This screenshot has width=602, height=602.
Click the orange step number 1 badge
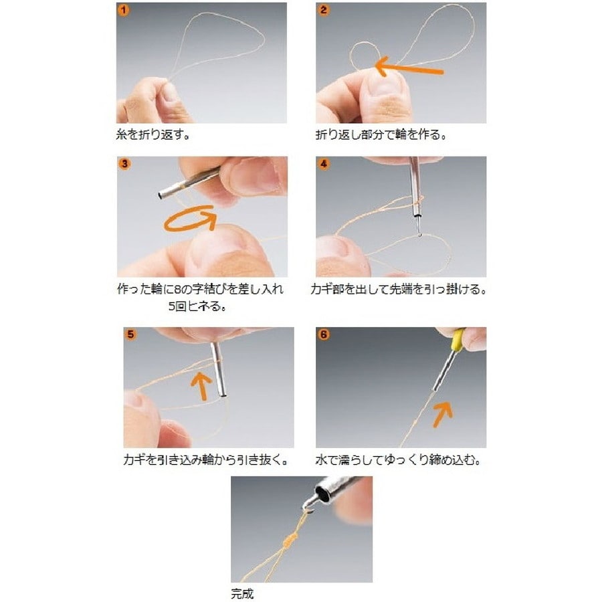tap(123, 10)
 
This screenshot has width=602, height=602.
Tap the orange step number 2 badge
tap(324, 10)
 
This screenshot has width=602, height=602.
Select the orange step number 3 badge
tap(124, 165)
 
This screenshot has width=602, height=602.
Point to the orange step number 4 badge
tap(324, 165)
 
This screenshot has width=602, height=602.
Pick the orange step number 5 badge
tap(130, 334)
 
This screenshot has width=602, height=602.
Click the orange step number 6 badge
tap(324, 334)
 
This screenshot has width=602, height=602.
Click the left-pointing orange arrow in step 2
tap(409, 68)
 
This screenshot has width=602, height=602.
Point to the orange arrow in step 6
tap(443, 415)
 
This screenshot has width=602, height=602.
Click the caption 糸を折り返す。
tap(153, 134)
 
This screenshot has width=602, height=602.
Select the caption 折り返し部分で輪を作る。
tap(381, 134)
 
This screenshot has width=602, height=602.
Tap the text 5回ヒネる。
tap(197, 306)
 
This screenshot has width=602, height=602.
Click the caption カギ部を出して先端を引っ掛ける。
tap(398, 289)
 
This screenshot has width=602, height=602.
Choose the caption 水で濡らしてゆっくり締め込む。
tap(398, 459)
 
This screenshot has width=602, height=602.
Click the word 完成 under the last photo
tap(243, 593)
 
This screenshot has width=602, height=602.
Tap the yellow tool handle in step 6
tap(457, 340)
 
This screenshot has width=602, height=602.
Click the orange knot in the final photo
tap(289, 540)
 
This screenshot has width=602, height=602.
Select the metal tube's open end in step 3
tap(160, 196)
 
